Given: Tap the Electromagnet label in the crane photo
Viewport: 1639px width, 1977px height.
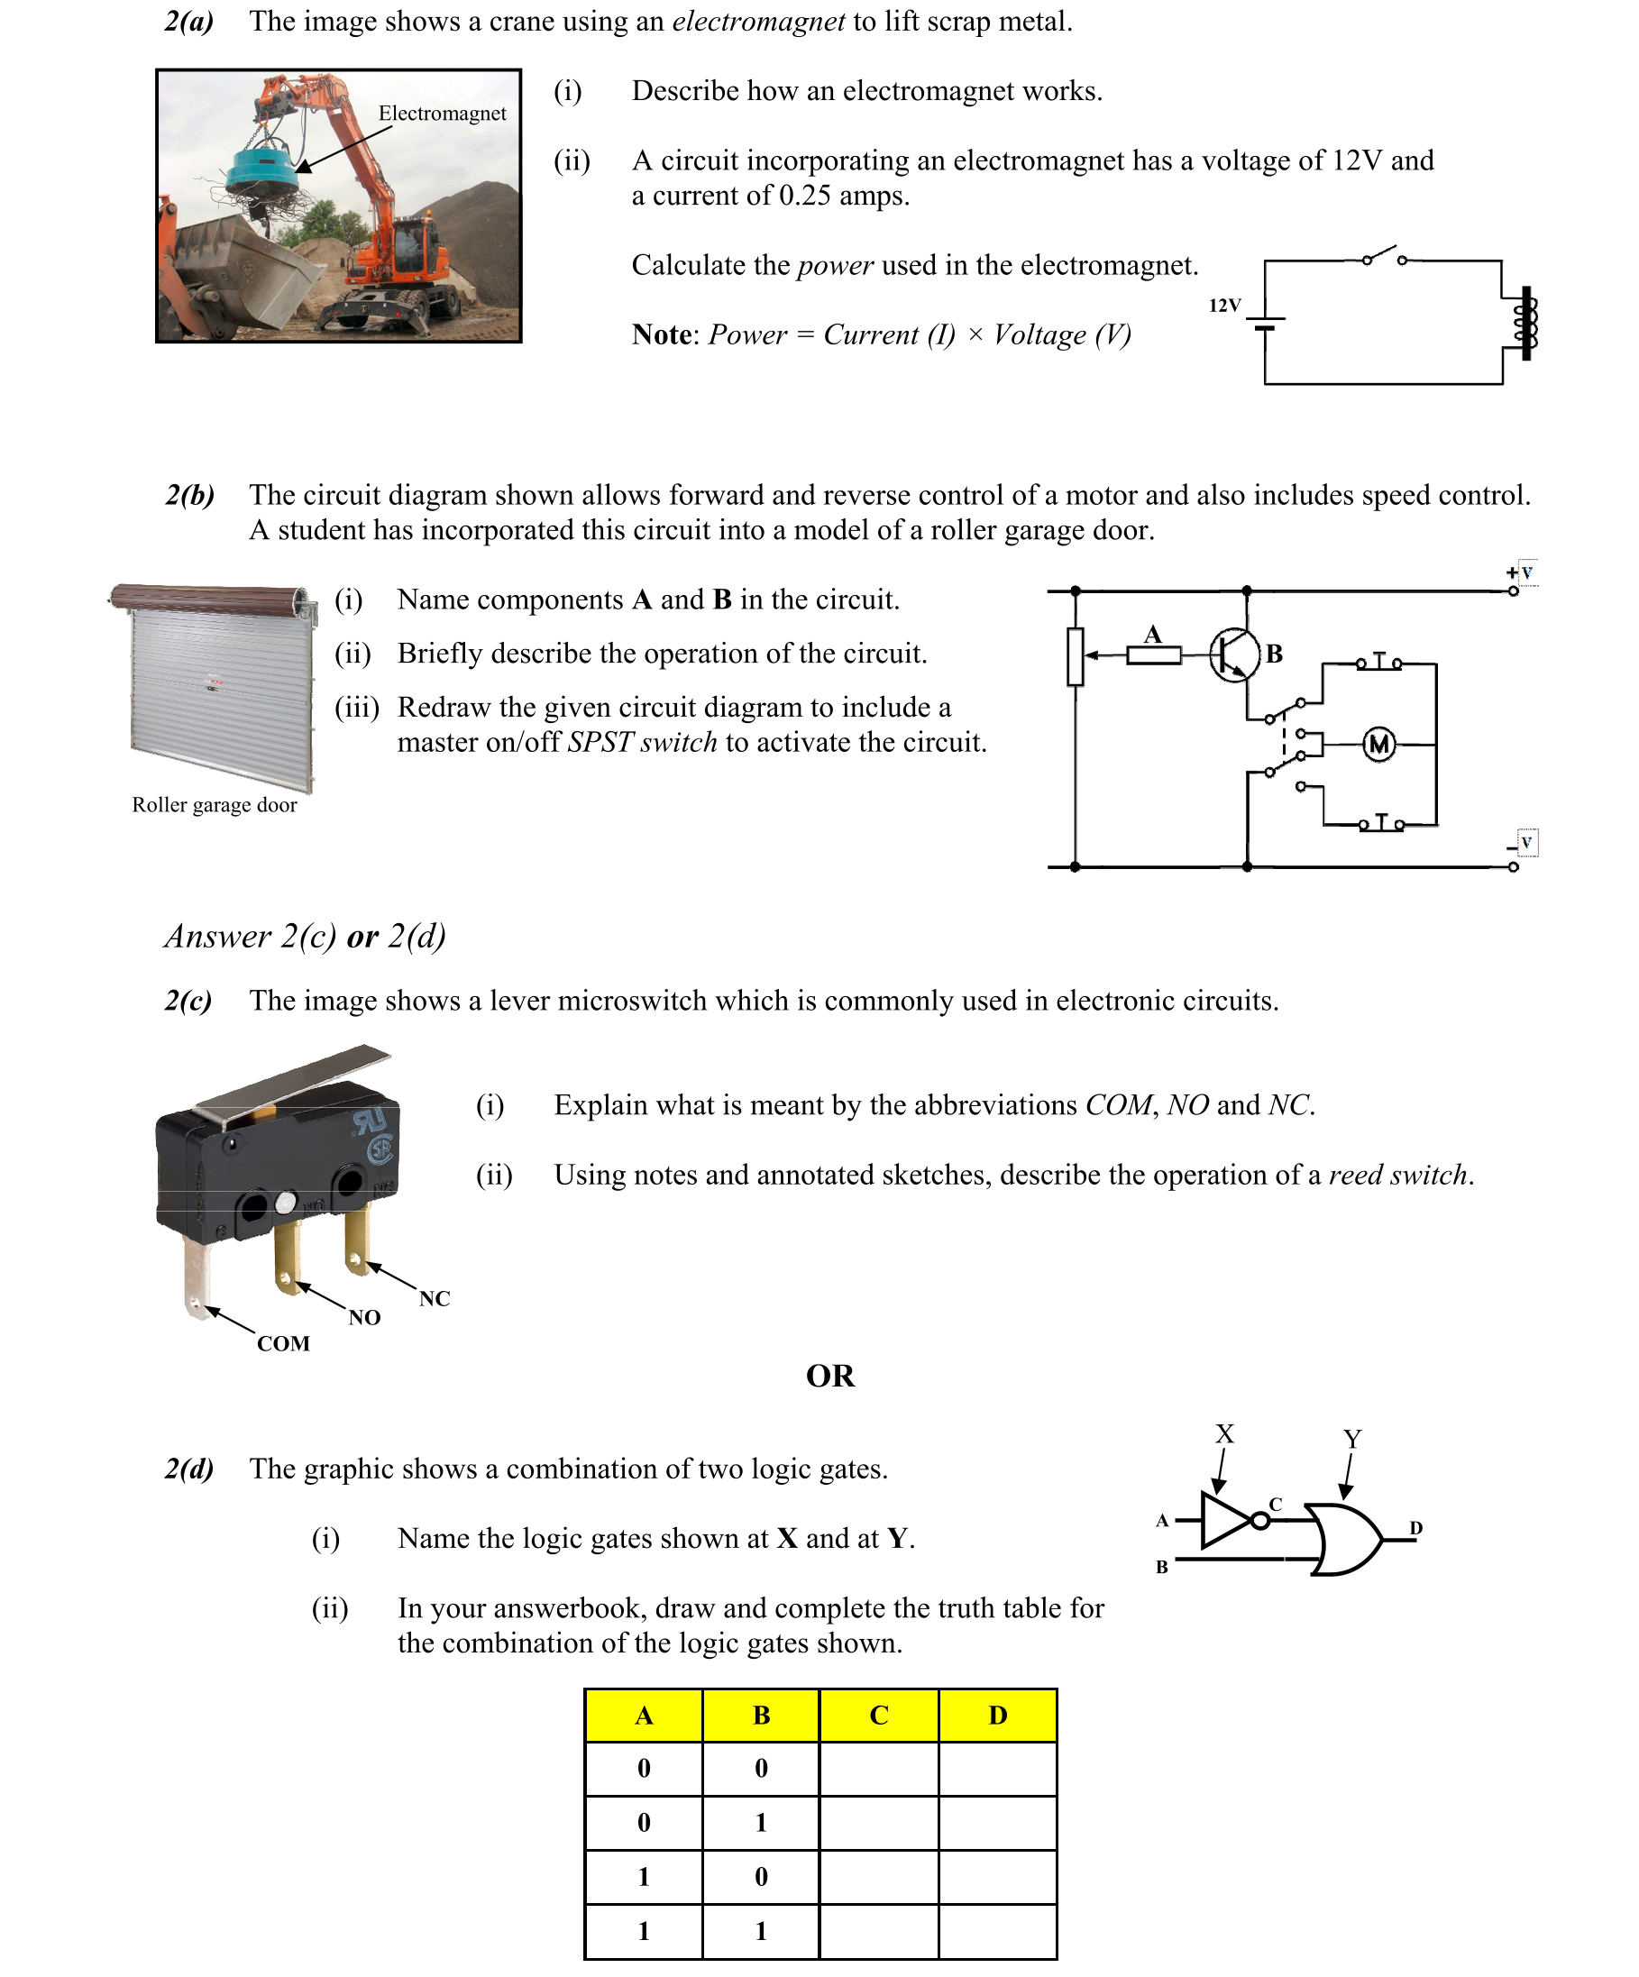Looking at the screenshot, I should (442, 114).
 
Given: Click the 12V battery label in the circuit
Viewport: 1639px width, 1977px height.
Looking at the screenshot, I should (1223, 306).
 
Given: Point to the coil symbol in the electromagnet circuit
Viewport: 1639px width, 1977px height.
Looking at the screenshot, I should (1525, 323).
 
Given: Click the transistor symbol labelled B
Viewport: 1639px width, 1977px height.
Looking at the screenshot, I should (1234, 654).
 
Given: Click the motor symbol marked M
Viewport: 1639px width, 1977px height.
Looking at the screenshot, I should (1378, 745).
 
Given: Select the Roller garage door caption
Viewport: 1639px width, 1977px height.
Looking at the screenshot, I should (214, 805).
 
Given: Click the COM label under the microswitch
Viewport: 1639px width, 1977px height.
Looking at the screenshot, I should (283, 1343).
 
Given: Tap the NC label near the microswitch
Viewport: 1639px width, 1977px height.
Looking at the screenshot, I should (434, 1299).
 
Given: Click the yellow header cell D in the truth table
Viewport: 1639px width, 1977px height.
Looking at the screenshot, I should (997, 1716).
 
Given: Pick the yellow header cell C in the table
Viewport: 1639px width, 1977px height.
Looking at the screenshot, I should (878, 1716).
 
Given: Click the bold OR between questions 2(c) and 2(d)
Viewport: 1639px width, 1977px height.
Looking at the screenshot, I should (829, 1376).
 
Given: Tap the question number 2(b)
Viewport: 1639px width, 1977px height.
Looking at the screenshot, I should (189, 495).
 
